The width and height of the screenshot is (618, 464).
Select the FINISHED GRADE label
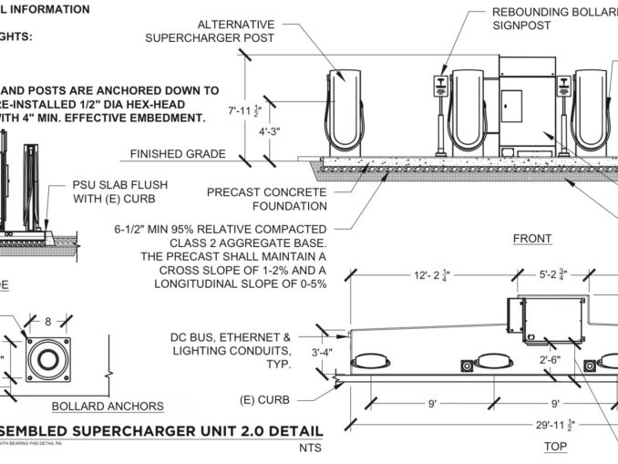(x=178, y=154)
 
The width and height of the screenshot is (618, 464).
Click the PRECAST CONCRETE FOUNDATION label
(x=266, y=200)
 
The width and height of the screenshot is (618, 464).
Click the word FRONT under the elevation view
(x=531, y=239)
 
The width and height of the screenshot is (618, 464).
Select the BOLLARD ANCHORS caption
(x=108, y=406)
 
